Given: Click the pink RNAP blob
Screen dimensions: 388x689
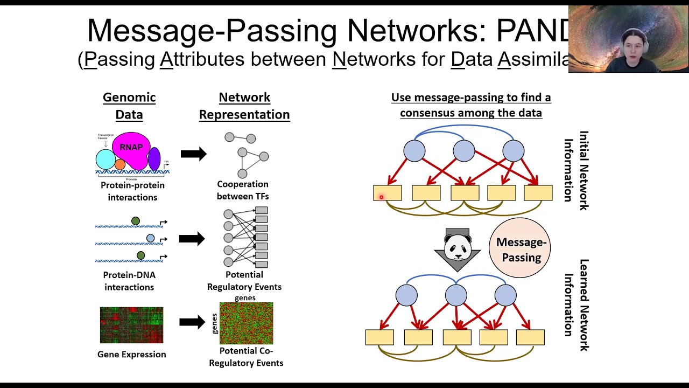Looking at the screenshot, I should click(131, 148).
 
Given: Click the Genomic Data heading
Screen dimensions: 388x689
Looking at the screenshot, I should click(129, 106).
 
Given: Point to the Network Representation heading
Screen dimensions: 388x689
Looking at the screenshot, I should click(244, 106).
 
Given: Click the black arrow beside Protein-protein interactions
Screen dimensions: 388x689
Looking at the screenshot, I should click(193, 154).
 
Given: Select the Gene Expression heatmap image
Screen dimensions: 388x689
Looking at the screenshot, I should click(131, 325).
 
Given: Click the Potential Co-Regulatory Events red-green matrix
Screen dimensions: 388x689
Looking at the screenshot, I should click(246, 323).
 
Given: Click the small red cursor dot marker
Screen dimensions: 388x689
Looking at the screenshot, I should click(381, 197).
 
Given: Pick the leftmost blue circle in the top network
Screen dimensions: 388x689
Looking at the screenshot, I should click(414, 151).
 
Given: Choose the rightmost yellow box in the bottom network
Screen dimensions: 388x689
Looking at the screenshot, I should click(530, 337).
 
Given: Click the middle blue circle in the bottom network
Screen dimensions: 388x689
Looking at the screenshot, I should click(456, 295).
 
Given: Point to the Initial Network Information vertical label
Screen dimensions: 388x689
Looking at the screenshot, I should click(576, 170).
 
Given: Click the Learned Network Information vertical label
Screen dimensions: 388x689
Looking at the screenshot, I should click(576, 305).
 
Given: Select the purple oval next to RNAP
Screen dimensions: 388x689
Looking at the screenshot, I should click(154, 159).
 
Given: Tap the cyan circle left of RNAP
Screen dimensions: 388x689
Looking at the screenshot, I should click(105, 160).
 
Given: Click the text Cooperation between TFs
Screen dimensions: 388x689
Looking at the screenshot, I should click(243, 190).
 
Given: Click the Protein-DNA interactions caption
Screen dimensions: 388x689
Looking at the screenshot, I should click(129, 281).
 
